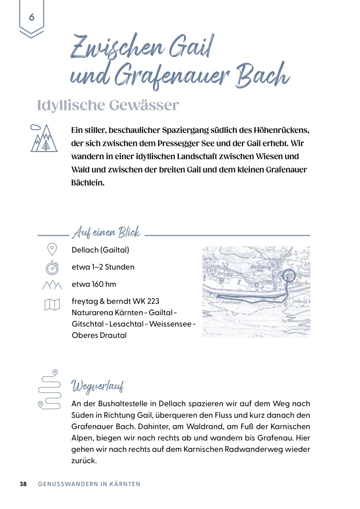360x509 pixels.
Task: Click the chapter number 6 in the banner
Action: pyautogui.click(x=32, y=17)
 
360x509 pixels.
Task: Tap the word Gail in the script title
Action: pyautogui.click(x=190, y=47)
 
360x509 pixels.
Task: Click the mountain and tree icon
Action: pyautogui.click(x=44, y=138)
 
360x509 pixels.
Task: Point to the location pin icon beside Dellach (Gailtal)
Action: pyautogui.click(x=52, y=249)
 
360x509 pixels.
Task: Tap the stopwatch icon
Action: pyautogui.click(x=52, y=268)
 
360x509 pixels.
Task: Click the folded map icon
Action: pyautogui.click(x=52, y=305)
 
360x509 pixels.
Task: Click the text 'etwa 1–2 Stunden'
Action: pyautogui.click(x=103, y=267)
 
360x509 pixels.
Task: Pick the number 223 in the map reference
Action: pyautogui.click(x=153, y=301)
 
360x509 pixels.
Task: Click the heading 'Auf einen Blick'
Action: pyautogui.click(x=106, y=233)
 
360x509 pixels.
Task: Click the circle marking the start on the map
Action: pyautogui.click(x=289, y=276)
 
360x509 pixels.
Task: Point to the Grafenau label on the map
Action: pyautogui.click(x=231, y=303)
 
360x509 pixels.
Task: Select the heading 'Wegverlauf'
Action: pyautogui.click(x=98, y=386)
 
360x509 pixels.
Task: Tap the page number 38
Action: pyautogui.click(x=23, y=484)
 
